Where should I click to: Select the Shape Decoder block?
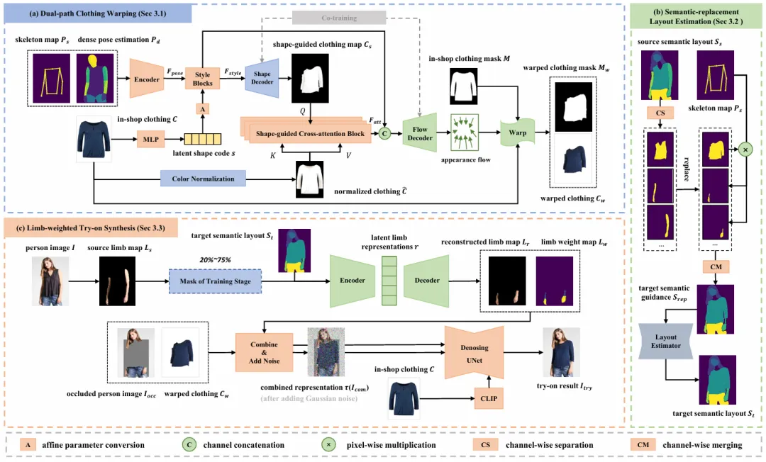[x=262, y=79]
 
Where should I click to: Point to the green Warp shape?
[x=516, y=132]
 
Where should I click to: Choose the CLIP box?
[x=489, y=398]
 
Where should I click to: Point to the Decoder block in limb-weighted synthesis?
[x=426, y=280]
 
